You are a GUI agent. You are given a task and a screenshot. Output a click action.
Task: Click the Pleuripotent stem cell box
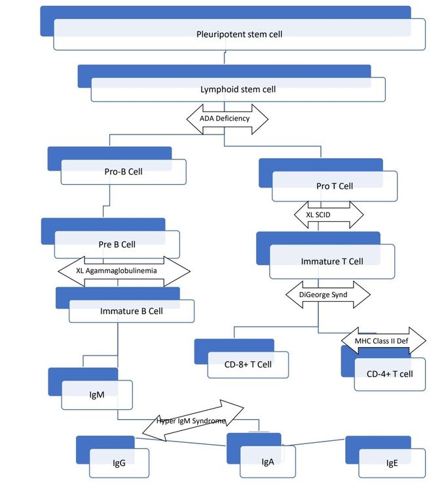(239, 34)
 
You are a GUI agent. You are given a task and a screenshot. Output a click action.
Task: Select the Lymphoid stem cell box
(237, 89)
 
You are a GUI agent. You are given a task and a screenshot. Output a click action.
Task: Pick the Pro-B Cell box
(123, 172)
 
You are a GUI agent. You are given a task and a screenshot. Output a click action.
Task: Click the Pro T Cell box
(334, 186)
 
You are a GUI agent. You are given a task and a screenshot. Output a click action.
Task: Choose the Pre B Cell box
(117, 244)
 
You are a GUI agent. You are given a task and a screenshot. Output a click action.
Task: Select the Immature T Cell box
(331, 261)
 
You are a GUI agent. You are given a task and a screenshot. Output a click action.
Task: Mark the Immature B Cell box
(131, 311)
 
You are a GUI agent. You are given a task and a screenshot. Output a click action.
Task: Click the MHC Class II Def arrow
(383, 341)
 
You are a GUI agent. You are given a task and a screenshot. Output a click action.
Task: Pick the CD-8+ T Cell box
(248, 364)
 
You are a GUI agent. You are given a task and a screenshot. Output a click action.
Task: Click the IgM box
(97, 395)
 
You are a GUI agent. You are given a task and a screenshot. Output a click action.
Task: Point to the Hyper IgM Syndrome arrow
(192, 420)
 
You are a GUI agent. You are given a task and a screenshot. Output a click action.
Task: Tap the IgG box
(119, 463)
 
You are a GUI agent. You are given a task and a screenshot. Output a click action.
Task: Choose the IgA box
(267, 461)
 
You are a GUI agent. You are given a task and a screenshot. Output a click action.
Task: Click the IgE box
(391, 463)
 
